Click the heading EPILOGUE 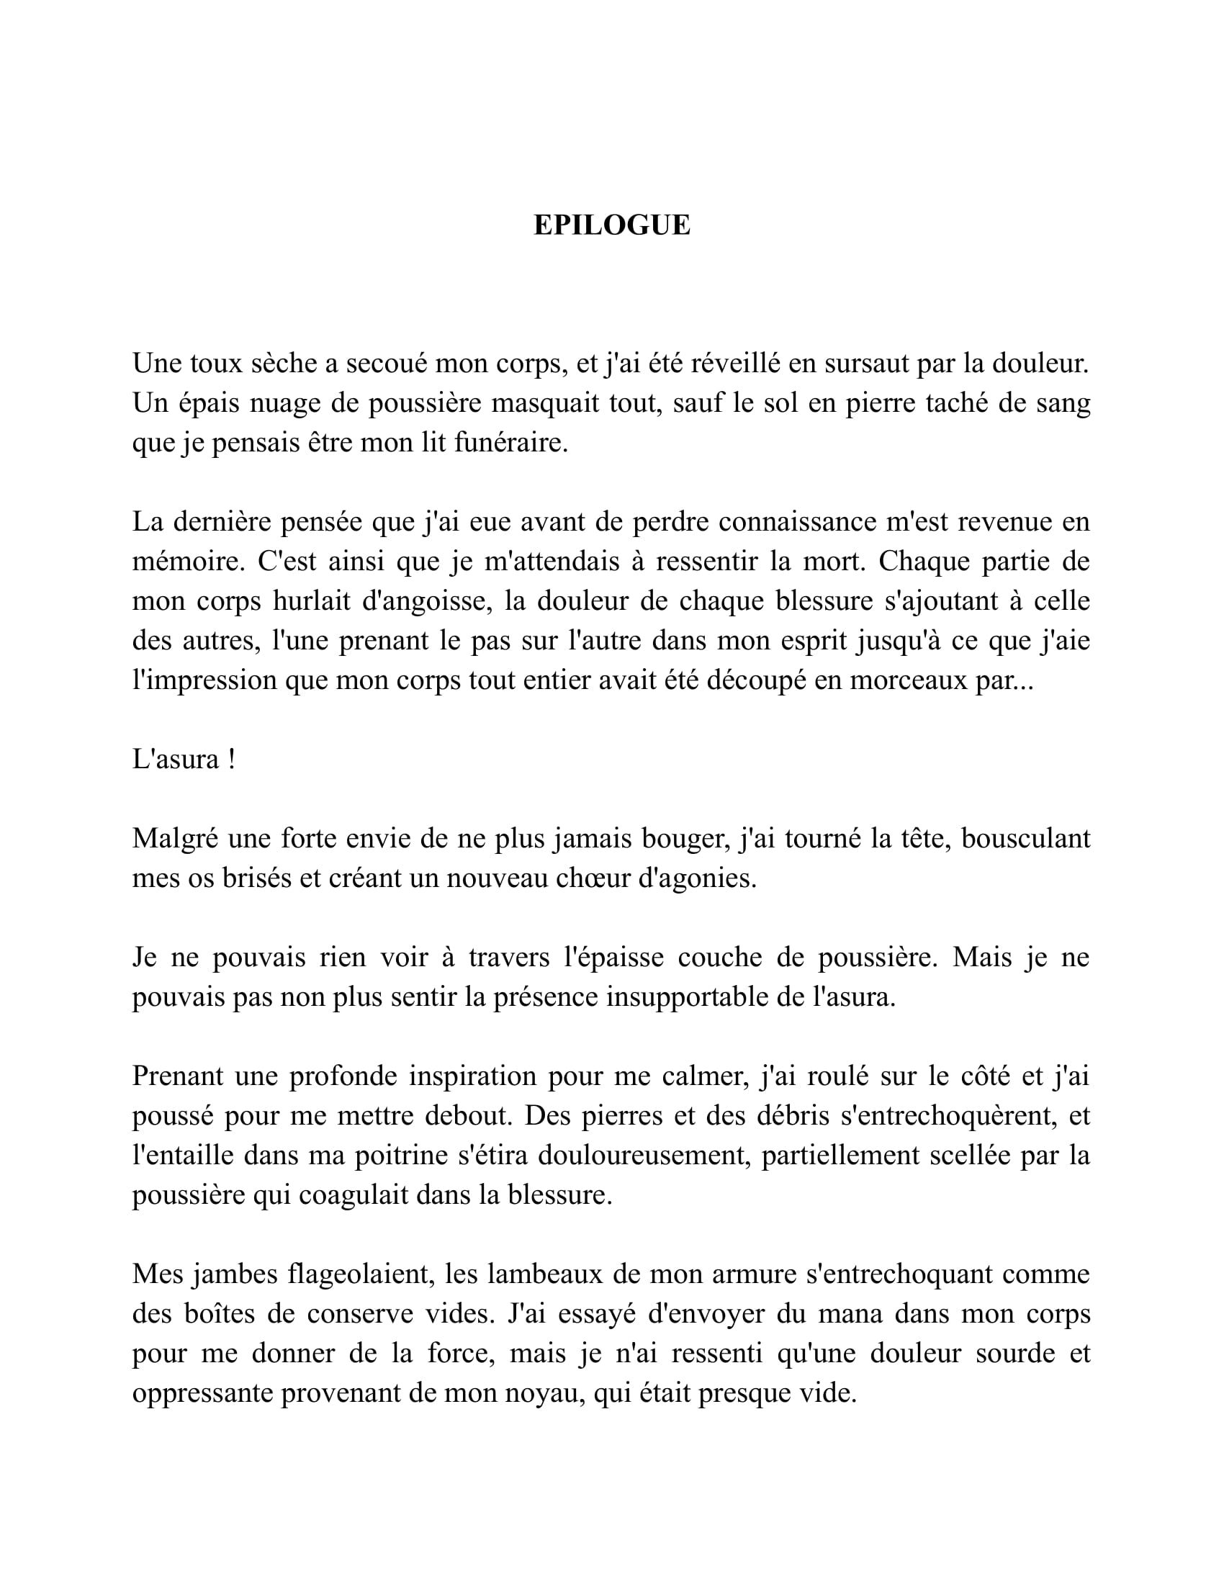(x=611, y=225)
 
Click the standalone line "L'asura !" (x=184, y=760)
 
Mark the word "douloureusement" (x=642, y=1156)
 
